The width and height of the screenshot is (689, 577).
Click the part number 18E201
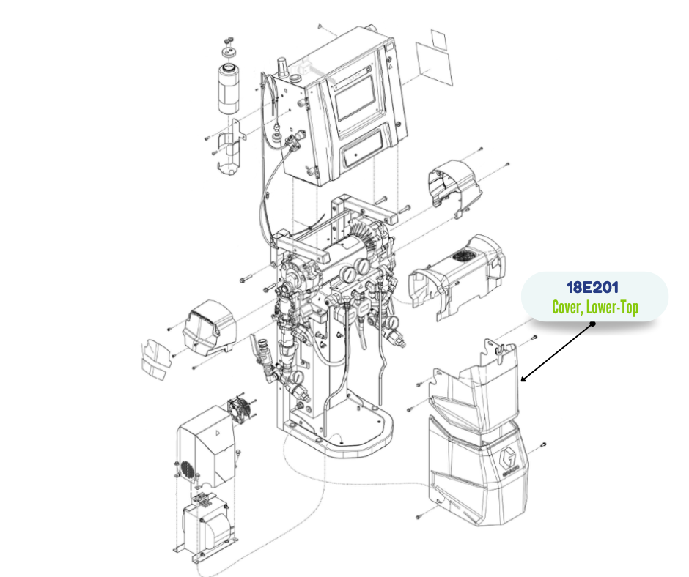(592, 288)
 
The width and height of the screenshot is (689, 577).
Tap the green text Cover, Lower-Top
(595, 307)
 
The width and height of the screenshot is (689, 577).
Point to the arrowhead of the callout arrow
(523, 379)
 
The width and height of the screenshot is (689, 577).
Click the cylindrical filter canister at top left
(229, 89)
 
